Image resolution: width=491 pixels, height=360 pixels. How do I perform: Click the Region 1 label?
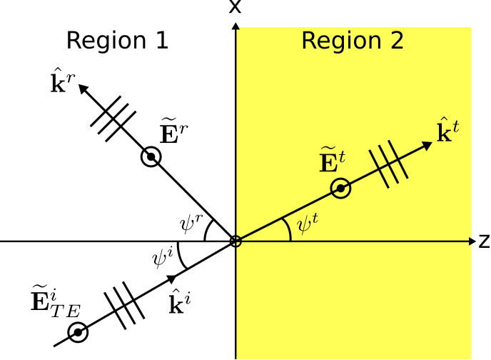(118, 41)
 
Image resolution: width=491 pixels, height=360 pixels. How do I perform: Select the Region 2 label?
(353, 41)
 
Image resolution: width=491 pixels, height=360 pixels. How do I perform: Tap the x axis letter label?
(236, 6)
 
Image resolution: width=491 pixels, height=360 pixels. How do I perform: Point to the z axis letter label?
(485, 241)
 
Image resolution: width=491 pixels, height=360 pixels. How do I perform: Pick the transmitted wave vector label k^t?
(448, 130)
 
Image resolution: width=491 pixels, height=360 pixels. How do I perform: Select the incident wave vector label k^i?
(180, 301)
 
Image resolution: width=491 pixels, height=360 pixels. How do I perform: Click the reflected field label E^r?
(174, 131)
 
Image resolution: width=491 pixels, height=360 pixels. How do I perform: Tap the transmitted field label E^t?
(333, 159)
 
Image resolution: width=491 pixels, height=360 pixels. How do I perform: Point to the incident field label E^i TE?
(56, 301)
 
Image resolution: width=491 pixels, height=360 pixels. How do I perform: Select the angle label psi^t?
(308, 223)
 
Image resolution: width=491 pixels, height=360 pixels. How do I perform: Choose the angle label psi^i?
(163, 258)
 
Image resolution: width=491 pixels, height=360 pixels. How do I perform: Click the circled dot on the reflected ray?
(151, 156)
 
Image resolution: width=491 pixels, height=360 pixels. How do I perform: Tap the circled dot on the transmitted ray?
(340, 189)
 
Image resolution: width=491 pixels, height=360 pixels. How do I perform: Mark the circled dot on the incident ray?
(78, 332)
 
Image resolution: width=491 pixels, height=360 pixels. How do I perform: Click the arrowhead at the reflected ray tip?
(83, 89)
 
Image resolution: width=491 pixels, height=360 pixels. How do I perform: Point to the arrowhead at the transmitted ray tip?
(427, 146)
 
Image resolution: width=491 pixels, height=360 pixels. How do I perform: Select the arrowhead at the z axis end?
(472, 241)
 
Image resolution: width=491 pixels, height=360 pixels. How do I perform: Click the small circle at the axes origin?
(236, 241)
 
